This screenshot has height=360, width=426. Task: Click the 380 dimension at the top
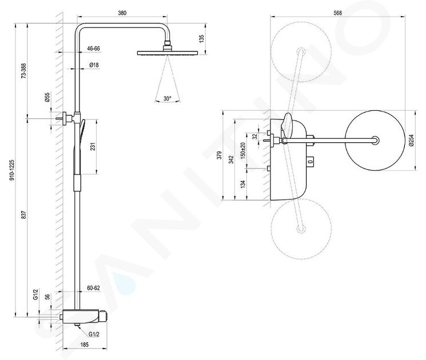tap(122, 13)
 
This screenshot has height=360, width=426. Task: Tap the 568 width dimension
tap(337, 13)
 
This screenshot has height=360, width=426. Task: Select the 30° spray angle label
tap(168, 98)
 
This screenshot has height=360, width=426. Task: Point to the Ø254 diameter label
tap(411, 141)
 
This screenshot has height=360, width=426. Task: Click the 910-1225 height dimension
tap(11, 170)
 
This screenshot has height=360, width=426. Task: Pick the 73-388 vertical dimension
tap(23, 71)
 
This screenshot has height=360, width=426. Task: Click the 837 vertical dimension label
tap(23, 215)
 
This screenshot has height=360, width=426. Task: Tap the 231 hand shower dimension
tap(93, 146)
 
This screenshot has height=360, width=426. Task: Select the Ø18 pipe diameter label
tap(94, 65)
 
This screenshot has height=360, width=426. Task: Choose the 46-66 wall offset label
tap(93, 49)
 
